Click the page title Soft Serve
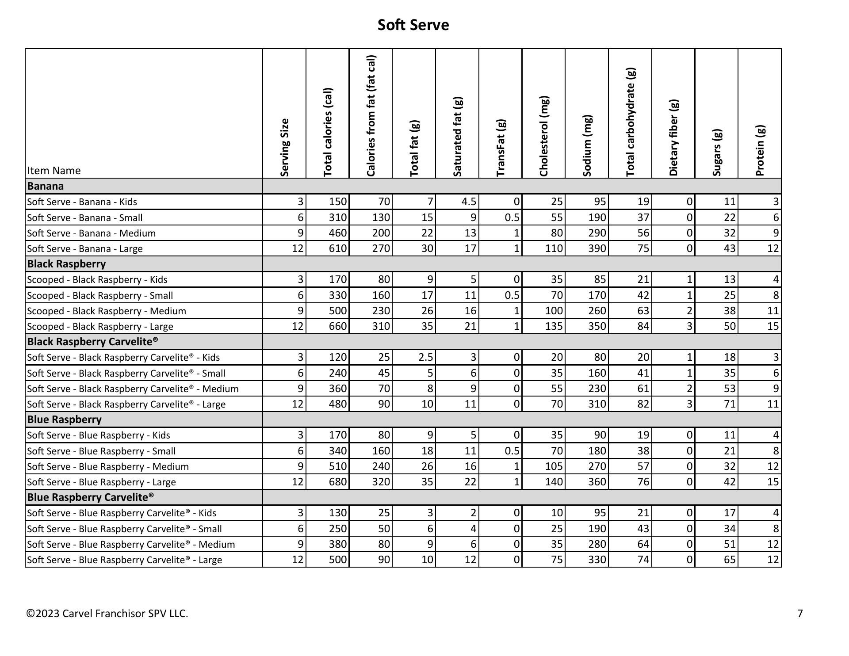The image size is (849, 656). [x=413, y=25]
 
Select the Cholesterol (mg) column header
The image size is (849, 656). [x=543, y=136]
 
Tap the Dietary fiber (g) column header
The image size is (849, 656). [x=673, y=138]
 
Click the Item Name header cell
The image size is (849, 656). [x=54, y=171]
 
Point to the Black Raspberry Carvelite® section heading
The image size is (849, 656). [x=92, y=342]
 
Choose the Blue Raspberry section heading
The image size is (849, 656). [x=64, y=420]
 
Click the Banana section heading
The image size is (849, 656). [x=45, y=186]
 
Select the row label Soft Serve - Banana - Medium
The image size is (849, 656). [x=91, y=233]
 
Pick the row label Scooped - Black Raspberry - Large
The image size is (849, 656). [x=100, y=326]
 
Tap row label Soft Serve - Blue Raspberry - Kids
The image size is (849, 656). [x=98, y=435]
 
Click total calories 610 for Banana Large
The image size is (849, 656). [x=337, y=248]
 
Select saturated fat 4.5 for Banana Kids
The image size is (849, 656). [x=468, y=202]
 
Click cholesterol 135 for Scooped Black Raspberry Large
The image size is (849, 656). [x=554, y=326]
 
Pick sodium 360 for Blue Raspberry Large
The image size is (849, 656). [x=597, y=482]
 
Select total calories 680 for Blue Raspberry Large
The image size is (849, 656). [x=337, y=482]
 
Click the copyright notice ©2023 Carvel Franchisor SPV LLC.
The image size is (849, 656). [x=107, y=614]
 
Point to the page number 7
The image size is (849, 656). [x=799, y=614]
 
